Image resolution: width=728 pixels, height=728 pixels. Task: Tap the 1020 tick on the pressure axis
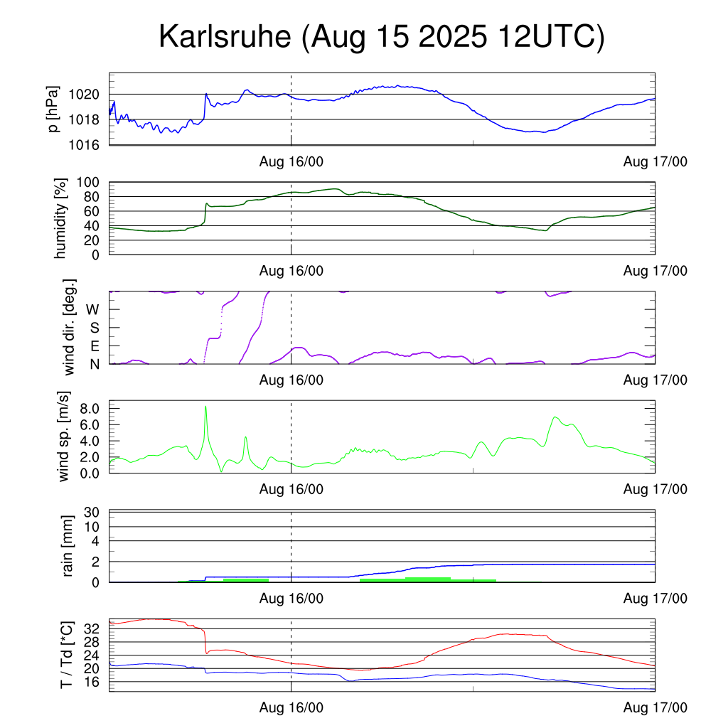click(x=89, y=94)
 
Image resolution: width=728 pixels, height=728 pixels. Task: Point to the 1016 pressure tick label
click(x=89, y=145)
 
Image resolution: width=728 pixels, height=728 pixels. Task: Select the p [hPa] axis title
click(x=53, y=109)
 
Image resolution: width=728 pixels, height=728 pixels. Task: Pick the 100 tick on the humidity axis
click(x=92, y=182)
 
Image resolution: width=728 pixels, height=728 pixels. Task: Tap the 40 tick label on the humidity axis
click(x=96, y=225)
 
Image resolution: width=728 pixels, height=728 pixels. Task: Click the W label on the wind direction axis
click(x=93, y=309)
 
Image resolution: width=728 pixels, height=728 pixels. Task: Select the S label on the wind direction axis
click(x=94, y=328)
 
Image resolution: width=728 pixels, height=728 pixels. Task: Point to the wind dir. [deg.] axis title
click(x=70, y=327)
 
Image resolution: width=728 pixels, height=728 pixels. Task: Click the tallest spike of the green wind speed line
click(x=205, y=407)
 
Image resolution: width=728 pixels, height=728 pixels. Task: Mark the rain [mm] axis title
click(x=69, y=546)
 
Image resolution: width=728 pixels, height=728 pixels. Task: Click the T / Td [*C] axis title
click(x=66, y=655)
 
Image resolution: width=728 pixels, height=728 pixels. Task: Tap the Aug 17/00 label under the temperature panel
click(x=655, y=707)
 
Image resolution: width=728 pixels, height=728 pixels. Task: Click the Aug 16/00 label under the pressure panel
click(x=291, y=161)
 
